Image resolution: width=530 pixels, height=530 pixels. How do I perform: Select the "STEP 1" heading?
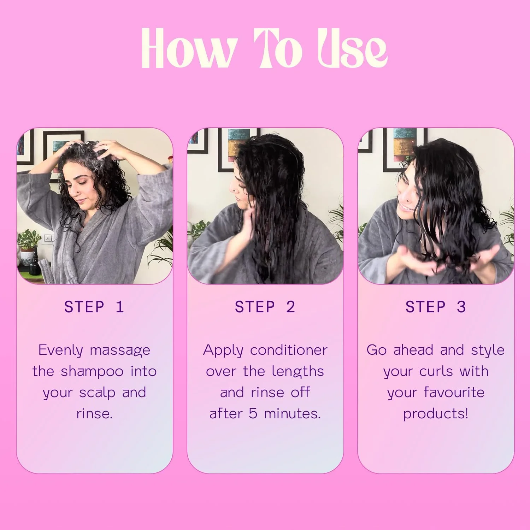pyautogui.click(x=94, y=307)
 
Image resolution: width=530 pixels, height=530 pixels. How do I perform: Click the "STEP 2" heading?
pyautogui.click(x=265, y=307)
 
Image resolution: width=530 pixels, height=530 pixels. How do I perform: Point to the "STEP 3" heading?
pyautogui.click(x=436, y=307)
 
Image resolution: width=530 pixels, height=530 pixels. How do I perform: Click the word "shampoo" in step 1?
pyautogui.click(x=92, y=372)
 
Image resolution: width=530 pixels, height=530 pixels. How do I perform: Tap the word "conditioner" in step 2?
pyautogui.click(x=289, y=350)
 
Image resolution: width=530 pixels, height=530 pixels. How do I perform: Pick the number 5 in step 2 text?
pyautogui.click(x=253, y=414)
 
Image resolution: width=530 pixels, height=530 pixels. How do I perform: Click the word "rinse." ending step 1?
pyautogui.click(x=94, y=414)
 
